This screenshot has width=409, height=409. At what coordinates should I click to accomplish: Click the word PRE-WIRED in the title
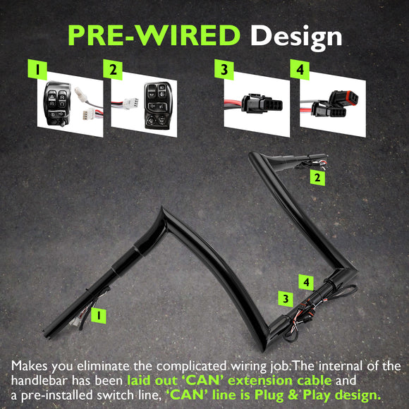154,35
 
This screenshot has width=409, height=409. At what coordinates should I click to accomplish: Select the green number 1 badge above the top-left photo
37,69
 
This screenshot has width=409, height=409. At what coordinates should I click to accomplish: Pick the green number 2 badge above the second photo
113,69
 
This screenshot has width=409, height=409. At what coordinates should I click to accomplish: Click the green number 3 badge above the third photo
224,69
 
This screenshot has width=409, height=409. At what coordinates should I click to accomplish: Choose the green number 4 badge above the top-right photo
300,69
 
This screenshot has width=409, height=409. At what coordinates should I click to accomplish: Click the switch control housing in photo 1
57,104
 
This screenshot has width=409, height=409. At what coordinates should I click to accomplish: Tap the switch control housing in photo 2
159,106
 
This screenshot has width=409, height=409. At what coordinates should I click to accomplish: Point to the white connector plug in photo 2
130,103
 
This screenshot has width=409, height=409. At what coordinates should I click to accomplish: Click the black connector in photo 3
262,104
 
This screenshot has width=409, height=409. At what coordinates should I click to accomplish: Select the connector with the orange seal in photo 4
343,98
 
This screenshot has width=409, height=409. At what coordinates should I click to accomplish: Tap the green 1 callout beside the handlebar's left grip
99,316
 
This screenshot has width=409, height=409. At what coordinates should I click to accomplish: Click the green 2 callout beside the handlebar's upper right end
317,178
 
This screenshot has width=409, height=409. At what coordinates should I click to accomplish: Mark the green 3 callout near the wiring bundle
286,299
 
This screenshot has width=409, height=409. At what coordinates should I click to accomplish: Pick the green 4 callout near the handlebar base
306,282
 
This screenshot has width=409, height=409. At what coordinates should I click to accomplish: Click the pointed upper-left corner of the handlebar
162,207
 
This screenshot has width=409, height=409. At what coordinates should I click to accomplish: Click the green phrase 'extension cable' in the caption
280,381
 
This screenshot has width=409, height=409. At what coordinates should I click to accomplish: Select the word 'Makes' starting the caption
30,366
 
